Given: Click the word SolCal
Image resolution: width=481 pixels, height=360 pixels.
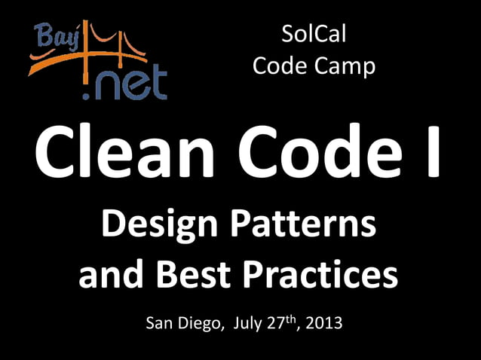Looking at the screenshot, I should pos(313,34).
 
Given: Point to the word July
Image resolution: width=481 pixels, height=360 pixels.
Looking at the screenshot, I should pos(250,325).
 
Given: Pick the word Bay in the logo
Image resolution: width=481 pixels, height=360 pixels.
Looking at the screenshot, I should pos(52,34).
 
